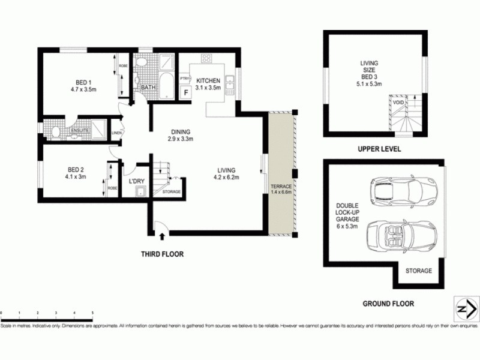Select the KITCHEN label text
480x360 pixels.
[208, 80]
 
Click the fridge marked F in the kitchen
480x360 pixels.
[186, 93]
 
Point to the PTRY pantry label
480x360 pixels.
[185, 78]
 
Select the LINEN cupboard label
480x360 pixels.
[116, 133]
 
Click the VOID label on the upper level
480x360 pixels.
[398, 103]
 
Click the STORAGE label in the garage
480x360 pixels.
[418, 271]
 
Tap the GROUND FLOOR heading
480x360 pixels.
[388, 304]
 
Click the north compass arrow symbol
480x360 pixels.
[463, 308]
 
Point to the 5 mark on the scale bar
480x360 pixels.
[92, 313]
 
